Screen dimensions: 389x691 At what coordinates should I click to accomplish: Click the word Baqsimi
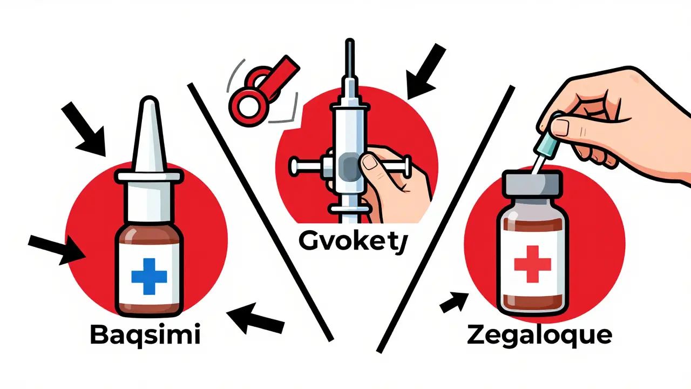click(145, 336)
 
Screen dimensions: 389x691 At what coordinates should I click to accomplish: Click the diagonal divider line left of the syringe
click(259, 211)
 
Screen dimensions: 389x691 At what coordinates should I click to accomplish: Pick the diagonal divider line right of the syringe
click(445, 216)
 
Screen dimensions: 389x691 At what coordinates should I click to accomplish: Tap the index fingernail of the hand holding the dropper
click(559, 126)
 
